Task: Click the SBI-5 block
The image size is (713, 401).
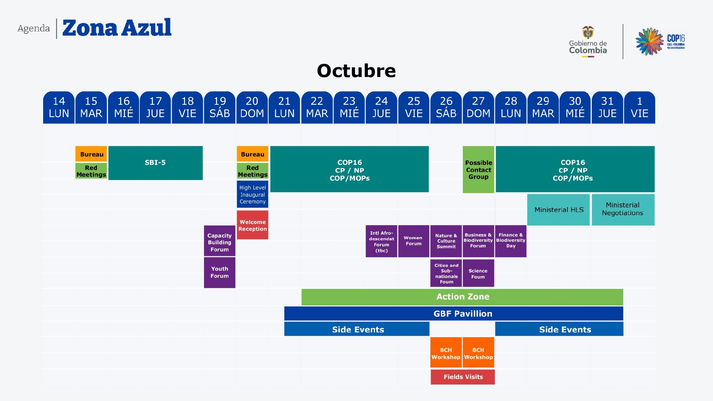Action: (x=155, y=163)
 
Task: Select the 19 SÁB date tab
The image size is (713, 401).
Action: (x=220, y=107)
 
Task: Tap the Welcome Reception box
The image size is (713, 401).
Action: (x=252, y=225)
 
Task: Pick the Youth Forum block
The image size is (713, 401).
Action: (x=220, y=272)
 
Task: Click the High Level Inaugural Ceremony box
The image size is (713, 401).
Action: (x=252, y=194)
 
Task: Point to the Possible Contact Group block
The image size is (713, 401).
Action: (x=478, y=170)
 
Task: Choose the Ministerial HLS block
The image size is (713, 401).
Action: (x=559, y=210)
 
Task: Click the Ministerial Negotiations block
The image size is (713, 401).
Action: (x=623, y=210)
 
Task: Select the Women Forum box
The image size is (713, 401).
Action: (x=414, y=241)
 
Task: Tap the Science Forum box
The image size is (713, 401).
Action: (x=478, y=273)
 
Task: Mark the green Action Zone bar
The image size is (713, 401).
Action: (x=462, y=297)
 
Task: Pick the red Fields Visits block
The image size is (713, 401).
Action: (x=463, y=377)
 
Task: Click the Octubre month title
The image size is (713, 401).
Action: (x=356, y=71)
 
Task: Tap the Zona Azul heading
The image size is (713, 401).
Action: (x=117, y=28)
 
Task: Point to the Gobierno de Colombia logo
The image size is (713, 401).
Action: (x=588, y=42)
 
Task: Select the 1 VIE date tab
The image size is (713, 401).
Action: (x=640, y=107)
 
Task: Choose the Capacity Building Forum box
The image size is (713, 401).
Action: (x=220, y=241)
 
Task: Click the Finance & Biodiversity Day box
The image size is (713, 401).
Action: (x=511, y=241)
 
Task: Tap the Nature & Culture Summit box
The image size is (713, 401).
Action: (x=446, y=241)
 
